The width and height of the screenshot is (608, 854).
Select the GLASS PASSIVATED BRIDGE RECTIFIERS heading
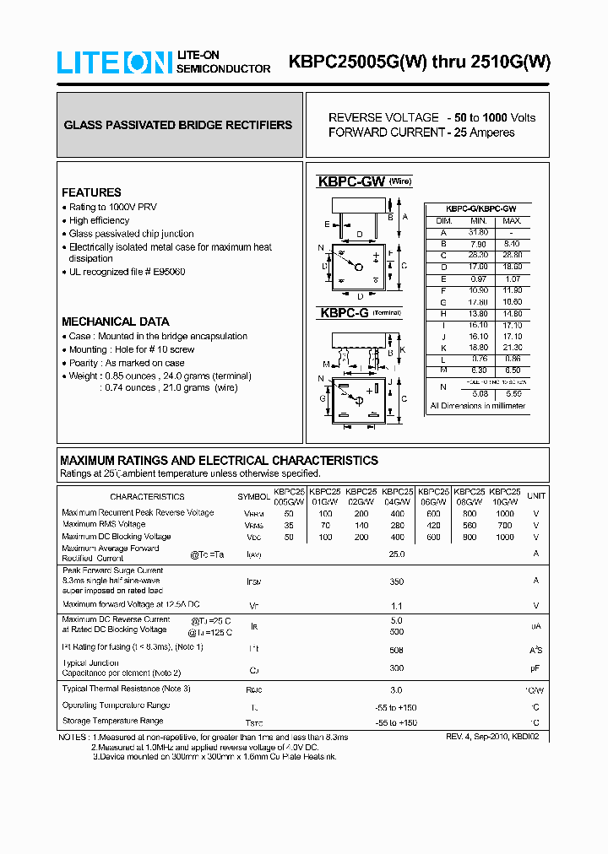point(178,125)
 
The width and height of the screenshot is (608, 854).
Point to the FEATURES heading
point(91,192)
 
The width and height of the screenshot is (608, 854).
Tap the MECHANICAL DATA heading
point(116,322)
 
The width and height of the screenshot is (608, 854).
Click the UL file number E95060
point(168,272)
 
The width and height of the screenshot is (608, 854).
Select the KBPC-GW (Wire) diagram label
point(364,181)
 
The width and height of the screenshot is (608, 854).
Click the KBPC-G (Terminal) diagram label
point(356,313)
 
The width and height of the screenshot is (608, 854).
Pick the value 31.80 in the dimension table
point(478,232)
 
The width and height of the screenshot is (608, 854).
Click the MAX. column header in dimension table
point(512,220)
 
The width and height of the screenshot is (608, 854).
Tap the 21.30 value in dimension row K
point(512,347)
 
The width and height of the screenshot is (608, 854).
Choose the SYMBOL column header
point(253,497)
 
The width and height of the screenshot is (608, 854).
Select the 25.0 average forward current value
point(396,554)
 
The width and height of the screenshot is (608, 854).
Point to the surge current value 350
point(396,581)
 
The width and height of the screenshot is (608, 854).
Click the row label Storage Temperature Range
point(112,722)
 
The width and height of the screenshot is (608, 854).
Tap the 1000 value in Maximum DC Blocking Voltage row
point(505,537)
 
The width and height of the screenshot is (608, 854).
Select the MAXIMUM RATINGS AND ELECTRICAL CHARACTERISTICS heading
point(219,461)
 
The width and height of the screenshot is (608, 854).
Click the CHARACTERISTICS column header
point(147,497)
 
